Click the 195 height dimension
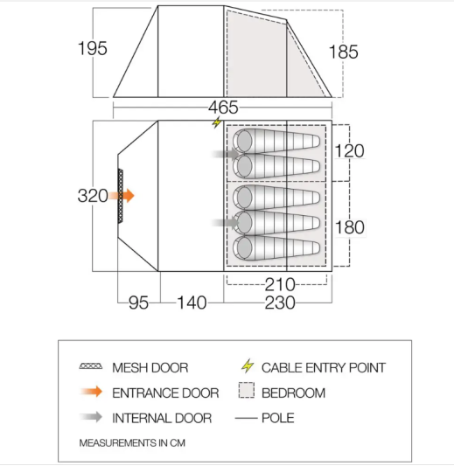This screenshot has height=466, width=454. (x=92, y=48)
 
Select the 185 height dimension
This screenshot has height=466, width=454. (x=344, y=52)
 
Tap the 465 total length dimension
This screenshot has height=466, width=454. (x=223, y=108)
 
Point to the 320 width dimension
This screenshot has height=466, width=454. (x=93, y=196)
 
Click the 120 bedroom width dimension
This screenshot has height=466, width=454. (x=349, y=151)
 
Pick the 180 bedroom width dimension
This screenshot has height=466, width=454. (x=350, y=227)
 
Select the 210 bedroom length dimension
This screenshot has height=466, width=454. (x=280, y=284)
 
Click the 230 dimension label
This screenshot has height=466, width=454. (x=280, y=303)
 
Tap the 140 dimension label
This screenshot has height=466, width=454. (x=192, y=303)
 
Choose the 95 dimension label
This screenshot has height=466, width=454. (x=138, y=303)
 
